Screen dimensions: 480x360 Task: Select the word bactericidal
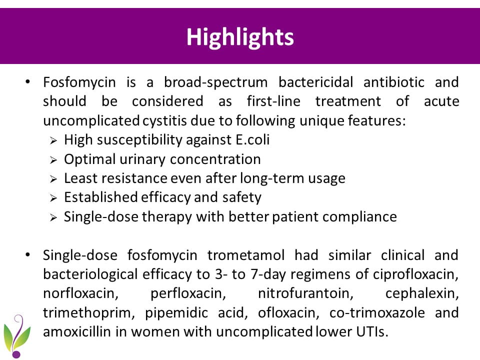(316, 82)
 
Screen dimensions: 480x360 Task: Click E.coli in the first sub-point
(252, 140)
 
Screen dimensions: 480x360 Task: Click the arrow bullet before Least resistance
(53, 179)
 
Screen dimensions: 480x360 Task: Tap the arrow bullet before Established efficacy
(53, 198)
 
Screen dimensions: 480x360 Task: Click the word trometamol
(246, 255)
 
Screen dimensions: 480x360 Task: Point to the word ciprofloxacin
(415, 274)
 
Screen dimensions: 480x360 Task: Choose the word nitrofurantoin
(305, 293)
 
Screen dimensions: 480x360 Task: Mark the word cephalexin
(422, 294)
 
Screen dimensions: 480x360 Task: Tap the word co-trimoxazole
(377, 313)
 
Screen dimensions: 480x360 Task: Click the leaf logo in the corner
(16, 336)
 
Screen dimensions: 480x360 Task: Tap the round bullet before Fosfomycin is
(28, 82)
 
